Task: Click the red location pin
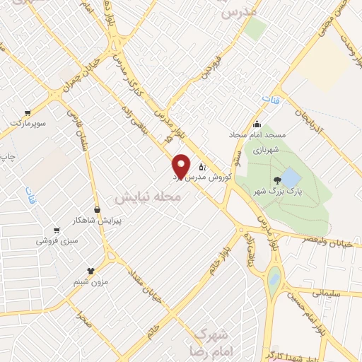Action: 181,165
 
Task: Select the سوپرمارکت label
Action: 28,124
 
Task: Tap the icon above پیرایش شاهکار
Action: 97,209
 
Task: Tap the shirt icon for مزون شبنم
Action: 90,271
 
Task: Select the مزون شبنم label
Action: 90,282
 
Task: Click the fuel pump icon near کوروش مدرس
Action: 202,168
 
